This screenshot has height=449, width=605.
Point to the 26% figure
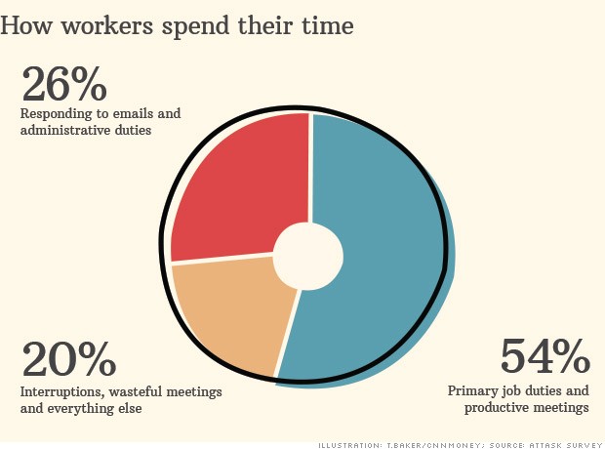pyautogui.click(x=63, y=86)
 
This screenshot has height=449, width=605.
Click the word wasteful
pyautogui.click(x=140, y=391)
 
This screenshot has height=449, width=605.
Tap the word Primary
pyautogui.click(x=474, y=390)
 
